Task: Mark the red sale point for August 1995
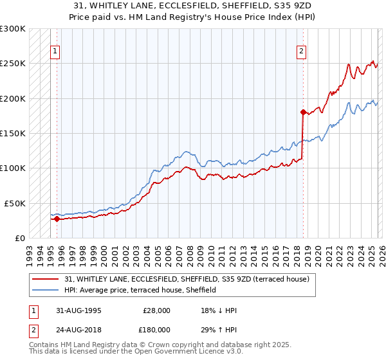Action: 57,219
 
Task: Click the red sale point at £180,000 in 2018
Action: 302,112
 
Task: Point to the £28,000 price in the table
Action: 156,310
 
